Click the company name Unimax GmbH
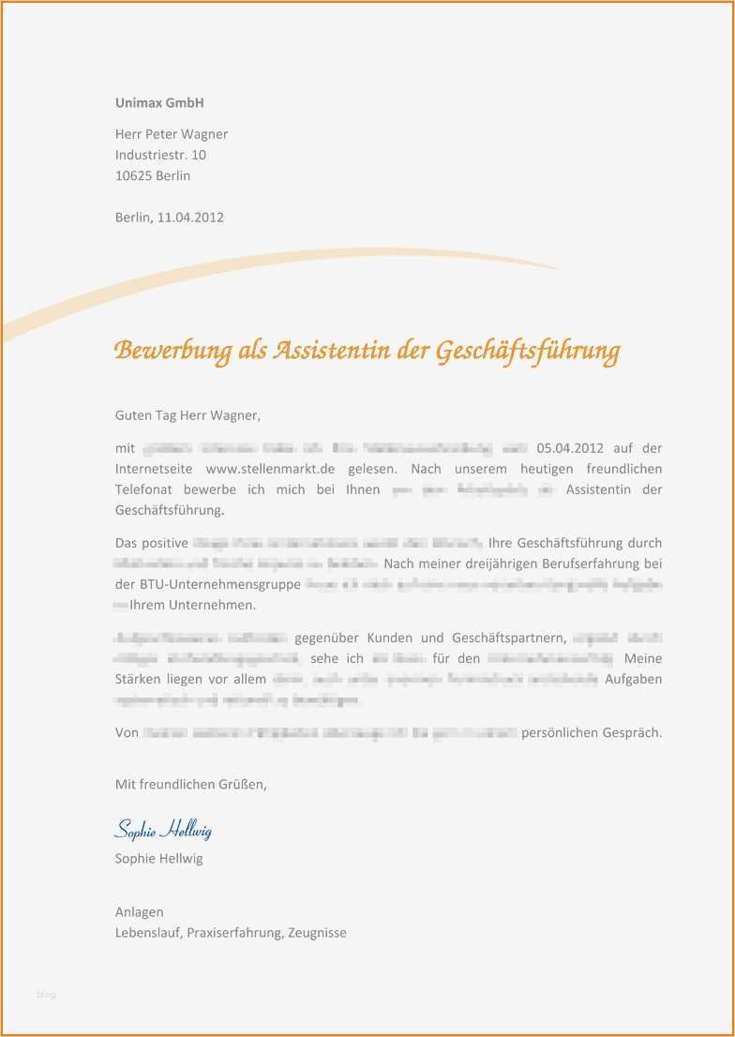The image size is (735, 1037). coord(159,102)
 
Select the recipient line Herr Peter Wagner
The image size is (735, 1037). coord(172,134)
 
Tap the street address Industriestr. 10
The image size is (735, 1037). coord(160,155)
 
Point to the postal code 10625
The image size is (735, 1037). coord(134,175)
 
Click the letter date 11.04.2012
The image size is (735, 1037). coord(191,218)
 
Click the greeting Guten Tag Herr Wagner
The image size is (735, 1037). coord(187,414)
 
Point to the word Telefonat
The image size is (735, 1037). coord(144,489)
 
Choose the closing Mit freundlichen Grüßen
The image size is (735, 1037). coord(191,785)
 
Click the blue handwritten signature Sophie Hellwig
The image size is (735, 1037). coord(163,830)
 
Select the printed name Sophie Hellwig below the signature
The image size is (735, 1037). coord(158,858)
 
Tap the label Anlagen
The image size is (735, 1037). coord(140,911)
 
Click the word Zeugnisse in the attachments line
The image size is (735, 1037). coord(317,932)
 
